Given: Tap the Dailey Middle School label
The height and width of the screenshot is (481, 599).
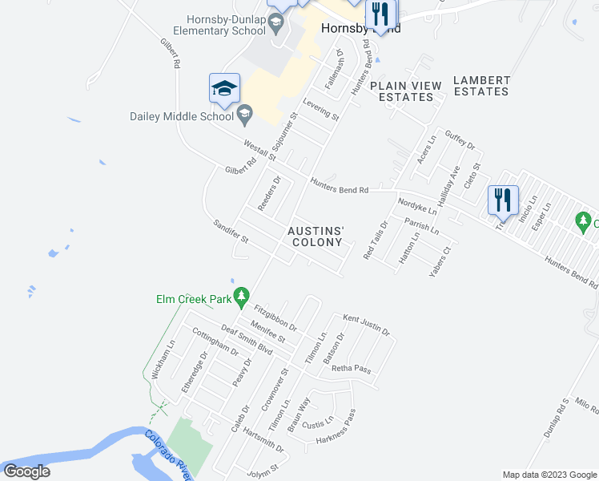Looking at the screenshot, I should (182, 116).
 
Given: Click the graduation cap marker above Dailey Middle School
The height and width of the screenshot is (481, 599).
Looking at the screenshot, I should (224, 88).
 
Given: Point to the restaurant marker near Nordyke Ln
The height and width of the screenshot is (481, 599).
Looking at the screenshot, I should (503, 200).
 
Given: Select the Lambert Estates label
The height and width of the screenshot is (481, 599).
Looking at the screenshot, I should (480, 86).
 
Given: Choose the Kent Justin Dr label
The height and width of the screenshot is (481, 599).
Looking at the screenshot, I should (366, 325).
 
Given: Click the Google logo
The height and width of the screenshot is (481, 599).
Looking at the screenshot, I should (26, 471).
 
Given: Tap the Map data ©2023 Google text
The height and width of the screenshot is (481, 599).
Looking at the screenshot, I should (549, 475).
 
